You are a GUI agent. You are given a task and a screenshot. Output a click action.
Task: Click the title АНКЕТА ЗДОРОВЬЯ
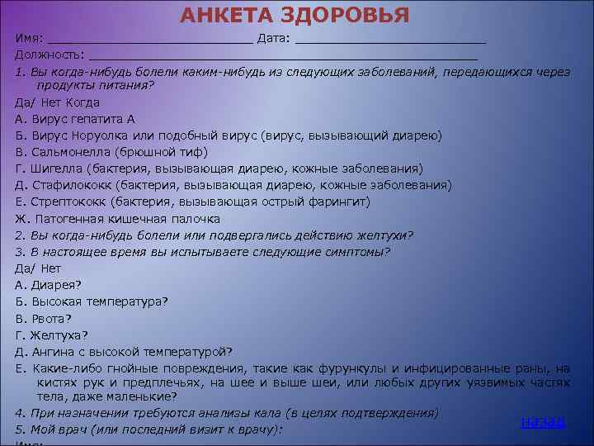(x=295, y=16)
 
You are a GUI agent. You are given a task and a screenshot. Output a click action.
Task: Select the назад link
(x=542, y=421)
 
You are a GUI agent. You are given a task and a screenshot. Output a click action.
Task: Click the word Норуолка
(x=97, y=135)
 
